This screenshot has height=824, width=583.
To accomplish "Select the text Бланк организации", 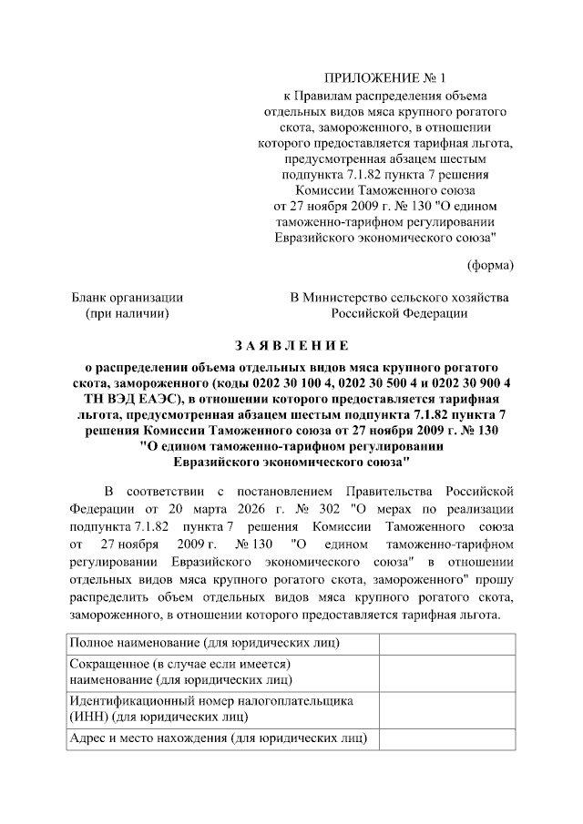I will (x=128, y=297).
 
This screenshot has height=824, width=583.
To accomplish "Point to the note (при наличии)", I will (x=128, y=313).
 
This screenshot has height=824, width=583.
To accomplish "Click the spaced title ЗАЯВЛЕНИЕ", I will (x=291, y=346).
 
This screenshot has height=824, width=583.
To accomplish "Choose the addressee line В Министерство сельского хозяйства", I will (x=400, y=297).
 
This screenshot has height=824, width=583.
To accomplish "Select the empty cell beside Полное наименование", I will (x=445, y=644).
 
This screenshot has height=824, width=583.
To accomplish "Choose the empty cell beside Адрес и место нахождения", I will (x=445, y=738).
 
